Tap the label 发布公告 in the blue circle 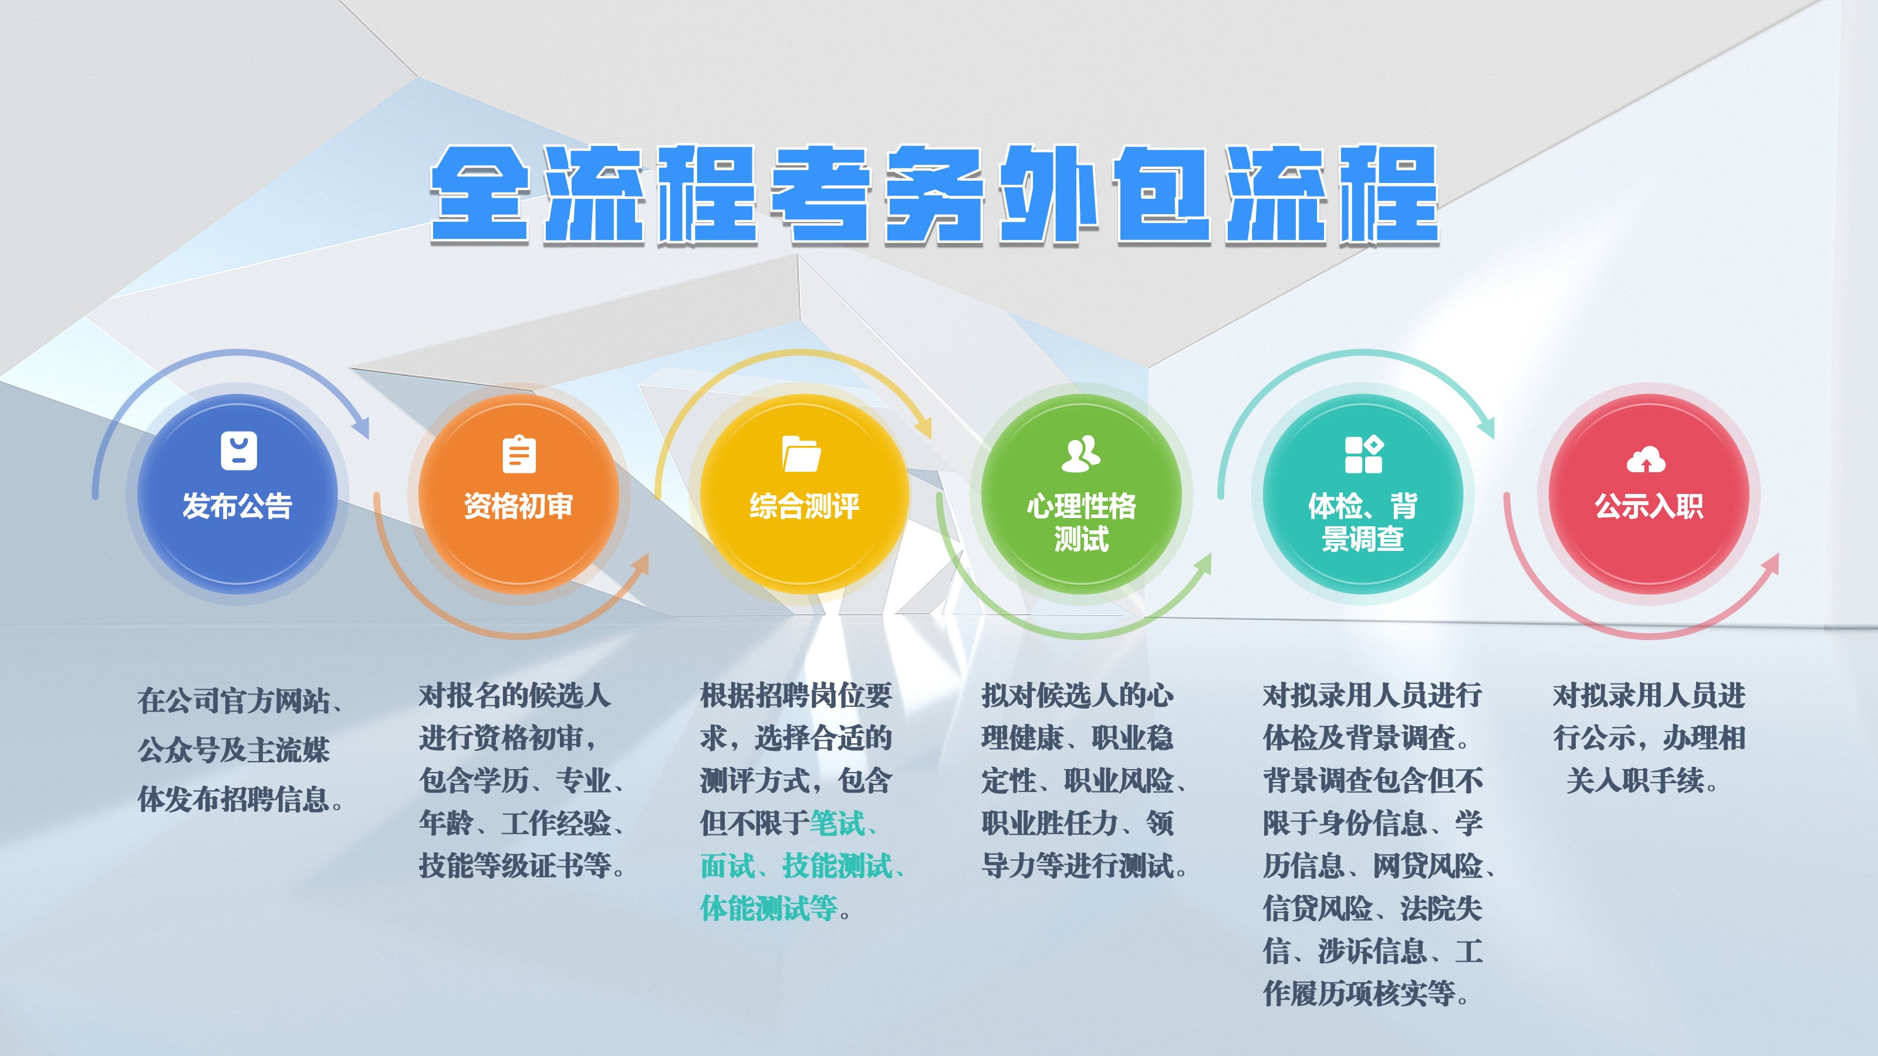click(237, 506)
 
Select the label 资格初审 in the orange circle click(518, 506)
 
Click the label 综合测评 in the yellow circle click(804, 506)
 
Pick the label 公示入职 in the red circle click(1649, 506)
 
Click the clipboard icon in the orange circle click(519, 455)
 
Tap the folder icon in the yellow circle click(801, 454)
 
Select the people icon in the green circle click(1081, 453)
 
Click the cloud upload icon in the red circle click(1646, 461)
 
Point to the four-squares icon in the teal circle click(1363, 454)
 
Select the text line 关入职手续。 click(1642, 780)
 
